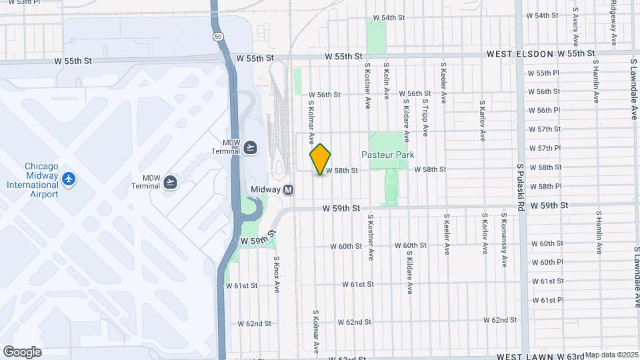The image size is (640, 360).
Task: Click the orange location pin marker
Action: click(x=320, y=159)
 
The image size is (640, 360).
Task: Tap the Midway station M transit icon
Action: click(x=288, y=189)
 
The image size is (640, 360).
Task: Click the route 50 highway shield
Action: click(x=218, y=37)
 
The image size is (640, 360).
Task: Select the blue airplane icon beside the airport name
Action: click(x=68, y=179)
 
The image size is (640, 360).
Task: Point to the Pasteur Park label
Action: click(x=387, y=155)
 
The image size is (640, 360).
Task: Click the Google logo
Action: click(x=22, y=351)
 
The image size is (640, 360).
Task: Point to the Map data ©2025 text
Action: click(x=611, y=355)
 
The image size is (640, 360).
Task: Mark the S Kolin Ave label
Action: click(x=387, y=81)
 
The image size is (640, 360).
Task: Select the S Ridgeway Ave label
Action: click(x=613, y=20)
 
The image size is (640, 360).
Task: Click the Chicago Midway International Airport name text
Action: click(x=32, y=180)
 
